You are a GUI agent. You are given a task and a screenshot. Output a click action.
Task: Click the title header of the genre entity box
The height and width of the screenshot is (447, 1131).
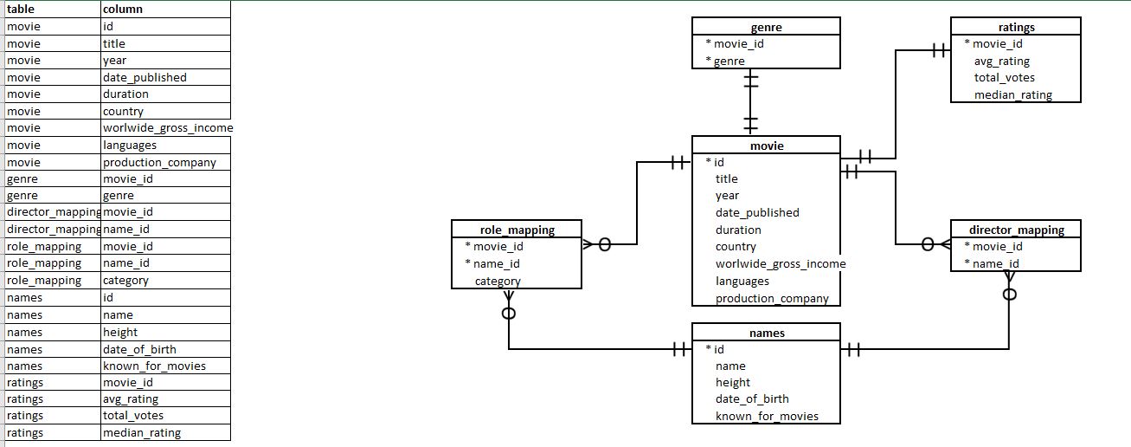[767, 27]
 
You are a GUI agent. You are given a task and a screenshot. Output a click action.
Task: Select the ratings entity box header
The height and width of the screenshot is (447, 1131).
[1015, 27]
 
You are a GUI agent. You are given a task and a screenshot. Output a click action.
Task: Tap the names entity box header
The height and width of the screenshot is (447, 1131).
[767, 332]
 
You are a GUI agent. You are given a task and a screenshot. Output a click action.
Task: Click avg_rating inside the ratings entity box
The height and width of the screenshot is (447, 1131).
[1001, 61]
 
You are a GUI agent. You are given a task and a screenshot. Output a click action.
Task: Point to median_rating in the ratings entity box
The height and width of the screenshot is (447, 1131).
[1012, 94]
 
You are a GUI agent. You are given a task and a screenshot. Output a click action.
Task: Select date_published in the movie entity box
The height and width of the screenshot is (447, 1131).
[757, 212]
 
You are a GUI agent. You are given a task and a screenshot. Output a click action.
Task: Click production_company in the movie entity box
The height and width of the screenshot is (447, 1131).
[772, 298]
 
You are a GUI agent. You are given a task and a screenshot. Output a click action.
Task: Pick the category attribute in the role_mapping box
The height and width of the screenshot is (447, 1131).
[498, 281]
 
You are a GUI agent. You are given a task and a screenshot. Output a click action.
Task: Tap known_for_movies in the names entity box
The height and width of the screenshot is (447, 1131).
[767, 416]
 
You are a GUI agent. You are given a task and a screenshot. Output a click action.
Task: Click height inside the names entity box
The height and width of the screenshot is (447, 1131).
[733, 382]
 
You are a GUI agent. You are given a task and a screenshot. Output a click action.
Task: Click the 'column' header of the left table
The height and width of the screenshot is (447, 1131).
[122, 9]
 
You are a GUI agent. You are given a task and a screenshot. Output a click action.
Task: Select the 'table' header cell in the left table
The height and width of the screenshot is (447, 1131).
[21, 9]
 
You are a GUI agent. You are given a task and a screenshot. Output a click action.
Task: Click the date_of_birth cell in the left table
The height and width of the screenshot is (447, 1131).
[139, 349]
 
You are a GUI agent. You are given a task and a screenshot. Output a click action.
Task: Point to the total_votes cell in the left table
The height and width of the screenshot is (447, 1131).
[132, 416]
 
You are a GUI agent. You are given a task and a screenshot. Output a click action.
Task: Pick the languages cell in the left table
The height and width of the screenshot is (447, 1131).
[130, 145]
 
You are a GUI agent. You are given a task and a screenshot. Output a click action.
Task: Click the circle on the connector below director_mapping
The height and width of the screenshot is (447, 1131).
[1009, 294]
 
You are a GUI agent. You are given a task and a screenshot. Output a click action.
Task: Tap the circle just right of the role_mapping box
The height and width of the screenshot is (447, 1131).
[605, 245]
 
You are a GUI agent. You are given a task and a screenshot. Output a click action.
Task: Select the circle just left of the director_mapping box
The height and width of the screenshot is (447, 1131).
[928, 245]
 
